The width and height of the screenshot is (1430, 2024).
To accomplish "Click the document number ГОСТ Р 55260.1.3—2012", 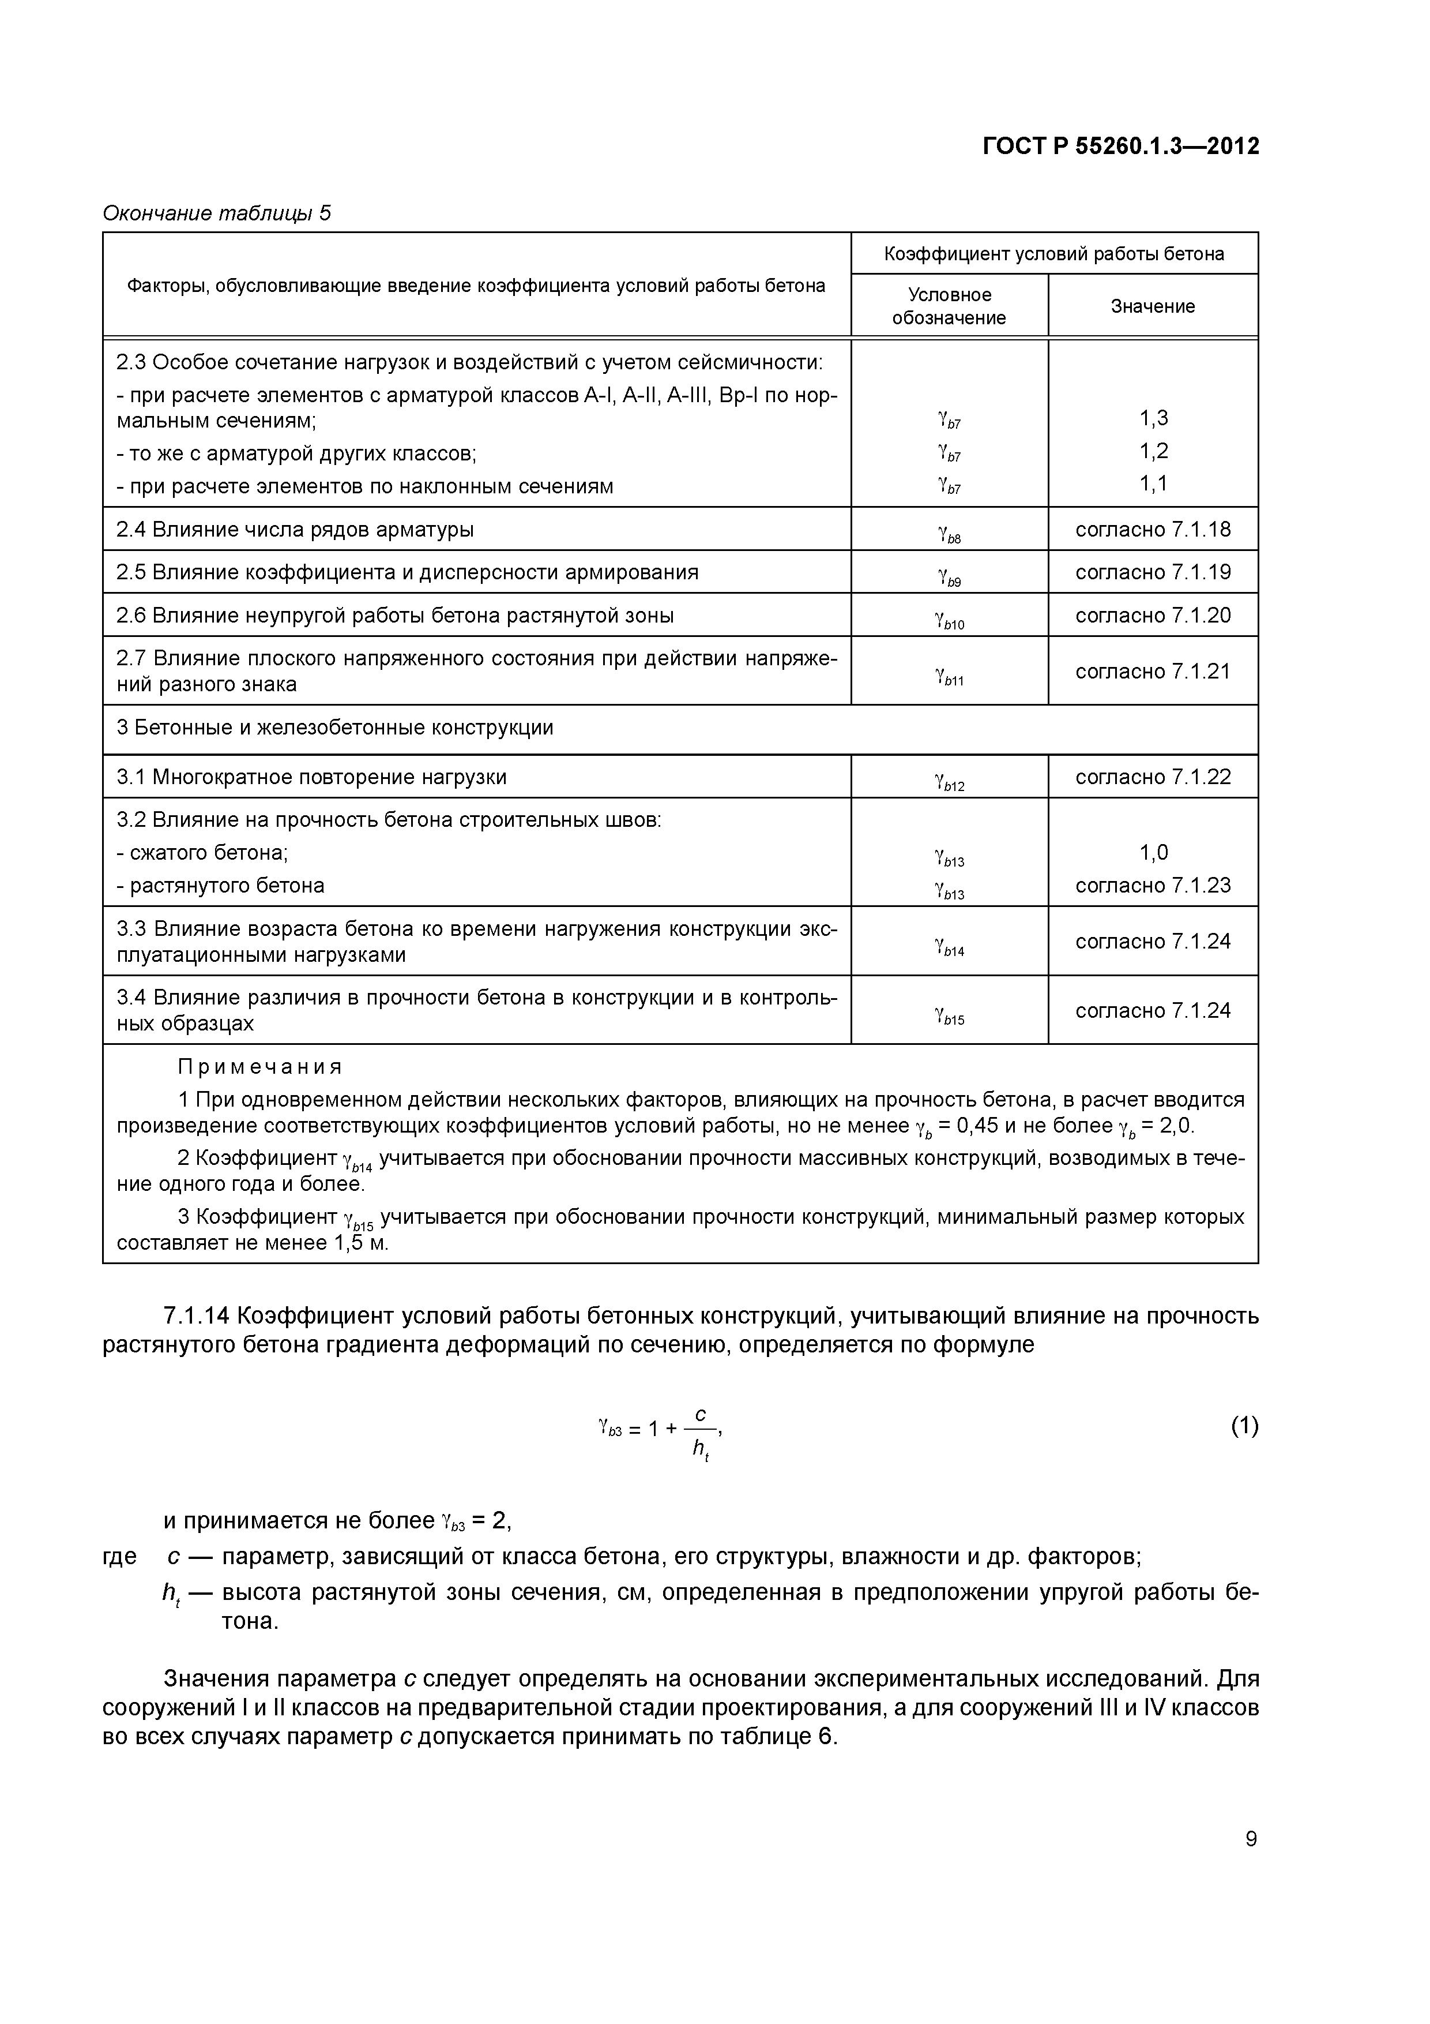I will pos(1121,147).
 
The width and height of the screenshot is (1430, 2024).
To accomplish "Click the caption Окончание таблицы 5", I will pos(217,213).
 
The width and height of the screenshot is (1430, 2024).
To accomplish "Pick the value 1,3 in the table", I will pos(1153,419).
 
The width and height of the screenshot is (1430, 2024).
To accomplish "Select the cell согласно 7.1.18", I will pos(1153,529).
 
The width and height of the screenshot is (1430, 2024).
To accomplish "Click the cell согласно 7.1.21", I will pos(1153,671).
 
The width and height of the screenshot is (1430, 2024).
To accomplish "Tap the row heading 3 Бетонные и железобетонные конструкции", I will pos(335,728).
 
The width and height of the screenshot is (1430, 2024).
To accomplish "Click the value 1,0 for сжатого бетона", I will pos(1153,852).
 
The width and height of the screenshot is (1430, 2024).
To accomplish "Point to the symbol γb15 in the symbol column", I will pos(949,1017).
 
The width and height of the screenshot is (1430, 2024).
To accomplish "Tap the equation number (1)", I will pos(1244,1426).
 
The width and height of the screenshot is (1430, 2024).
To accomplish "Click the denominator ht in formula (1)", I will pos(701,1448).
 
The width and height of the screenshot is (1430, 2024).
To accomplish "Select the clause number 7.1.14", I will pos(195,1316).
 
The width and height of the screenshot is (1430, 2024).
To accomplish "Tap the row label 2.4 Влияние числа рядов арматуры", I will pos(295,529).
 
